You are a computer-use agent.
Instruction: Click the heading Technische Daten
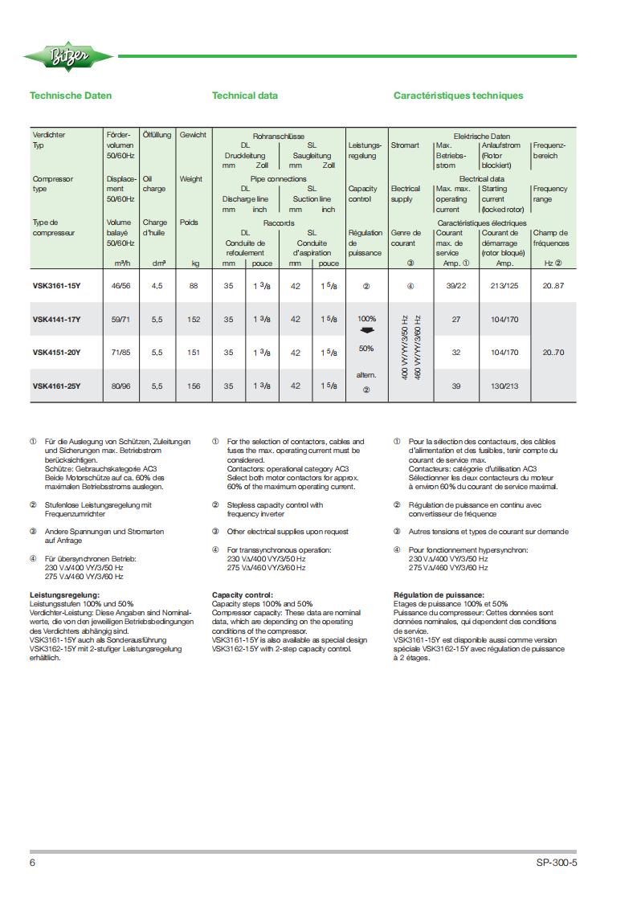click(x=71, y=96)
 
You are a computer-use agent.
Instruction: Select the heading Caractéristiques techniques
click(x=458, y=96)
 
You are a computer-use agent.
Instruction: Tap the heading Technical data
click(x=245, y=96)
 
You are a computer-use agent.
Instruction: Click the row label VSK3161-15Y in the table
click(x=56, y=285)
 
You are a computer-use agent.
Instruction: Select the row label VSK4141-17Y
click(x=56, y=320)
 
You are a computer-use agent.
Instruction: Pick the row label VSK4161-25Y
click(x=56, y=386)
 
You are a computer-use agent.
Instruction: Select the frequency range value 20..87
click(x=553, y=285)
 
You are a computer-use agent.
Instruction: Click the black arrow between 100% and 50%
click(x=366, y=331)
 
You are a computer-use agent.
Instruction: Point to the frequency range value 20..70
click(x=553, y=353)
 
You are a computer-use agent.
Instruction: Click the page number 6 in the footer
click(x=33, y=863)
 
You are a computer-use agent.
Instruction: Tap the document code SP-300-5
click(x=557, y=863)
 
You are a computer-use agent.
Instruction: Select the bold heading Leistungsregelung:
click(x=64, y=595)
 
